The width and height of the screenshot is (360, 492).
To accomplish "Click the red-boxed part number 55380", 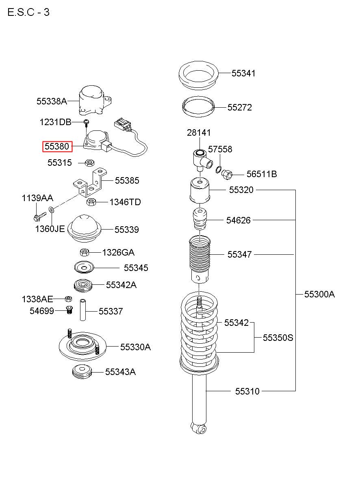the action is pos(57,146).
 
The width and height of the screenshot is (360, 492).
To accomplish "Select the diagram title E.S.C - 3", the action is pos(28,12).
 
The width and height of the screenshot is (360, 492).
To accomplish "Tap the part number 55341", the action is pos(243,73).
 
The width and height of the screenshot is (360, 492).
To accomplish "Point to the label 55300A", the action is pos(319,294).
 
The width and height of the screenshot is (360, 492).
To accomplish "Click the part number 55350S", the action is pos(278,338).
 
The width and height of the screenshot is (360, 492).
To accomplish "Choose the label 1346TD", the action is pos(125,202).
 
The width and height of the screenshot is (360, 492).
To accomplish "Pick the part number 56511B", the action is pos(262,174).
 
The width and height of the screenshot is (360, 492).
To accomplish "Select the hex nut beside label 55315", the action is pos(89,163).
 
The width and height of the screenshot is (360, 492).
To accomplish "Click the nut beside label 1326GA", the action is pos(85,252).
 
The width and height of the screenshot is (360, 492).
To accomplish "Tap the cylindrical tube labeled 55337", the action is pos(83,310).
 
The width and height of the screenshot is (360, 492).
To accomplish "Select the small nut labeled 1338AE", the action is pos(68,299).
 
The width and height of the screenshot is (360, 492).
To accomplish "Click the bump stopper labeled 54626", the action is pos(200,219).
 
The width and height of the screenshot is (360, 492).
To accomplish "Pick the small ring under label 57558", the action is pos(218,169).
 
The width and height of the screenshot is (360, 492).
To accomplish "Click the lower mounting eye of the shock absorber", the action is pos(199,428).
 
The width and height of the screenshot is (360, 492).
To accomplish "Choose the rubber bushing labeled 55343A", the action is pos(82,372).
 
